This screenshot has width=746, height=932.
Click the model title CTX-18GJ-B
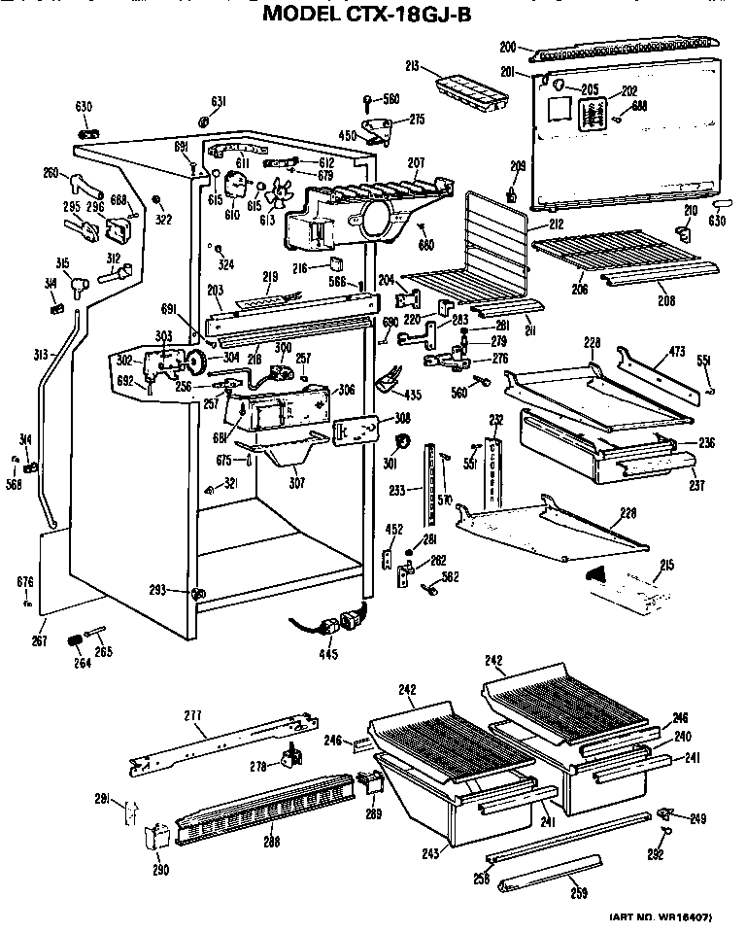coord(374,13)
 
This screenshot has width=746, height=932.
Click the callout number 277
coord(193,715)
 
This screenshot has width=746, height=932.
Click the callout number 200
coord(506,46)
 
